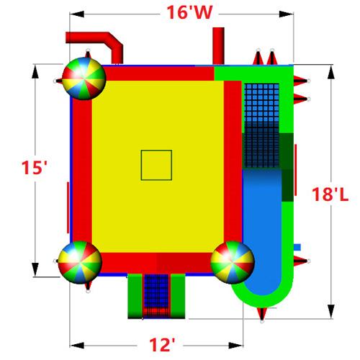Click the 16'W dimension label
tap(189, 12)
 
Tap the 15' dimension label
tap(34, 167)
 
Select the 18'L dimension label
tap(330, 194)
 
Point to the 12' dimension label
tap(162, 345)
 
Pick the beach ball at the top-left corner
tap(84, 78)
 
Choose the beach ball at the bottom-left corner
tap(80, 262)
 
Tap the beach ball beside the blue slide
tap(233, 262)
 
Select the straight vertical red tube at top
tap(218, 46)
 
